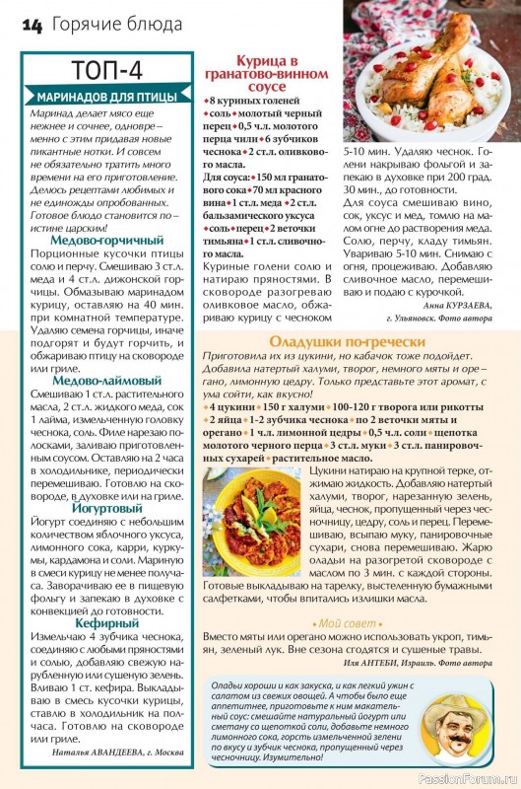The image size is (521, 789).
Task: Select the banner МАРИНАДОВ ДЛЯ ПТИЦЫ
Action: pos(106,97)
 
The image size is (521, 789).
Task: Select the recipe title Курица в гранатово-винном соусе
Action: pos(263,73)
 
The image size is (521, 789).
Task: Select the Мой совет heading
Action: pos(344,623)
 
